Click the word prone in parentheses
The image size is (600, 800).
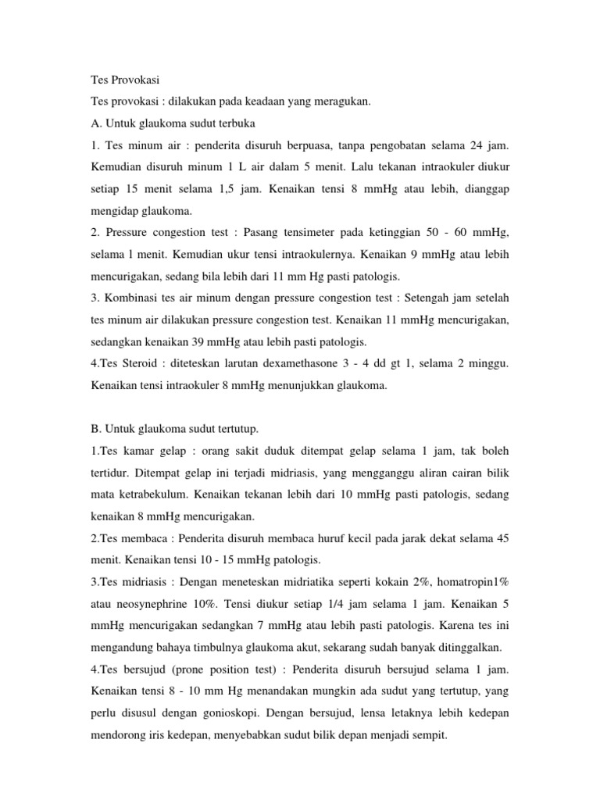point(188,670)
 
